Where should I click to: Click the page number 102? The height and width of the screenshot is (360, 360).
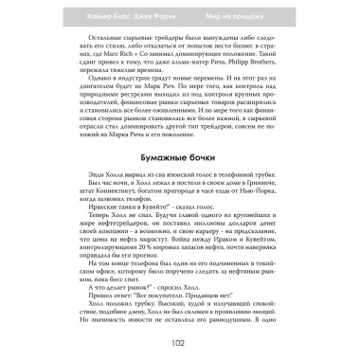click(x=179, y=344)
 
